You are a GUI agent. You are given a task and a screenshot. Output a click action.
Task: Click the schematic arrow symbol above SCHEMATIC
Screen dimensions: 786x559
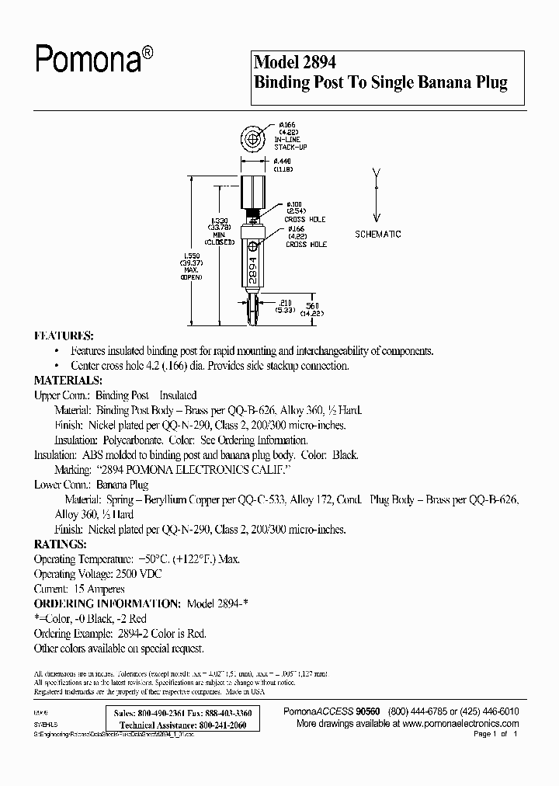tap(377, 194)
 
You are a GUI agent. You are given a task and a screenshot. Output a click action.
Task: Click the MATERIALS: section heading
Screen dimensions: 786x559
tap(68, 381)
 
